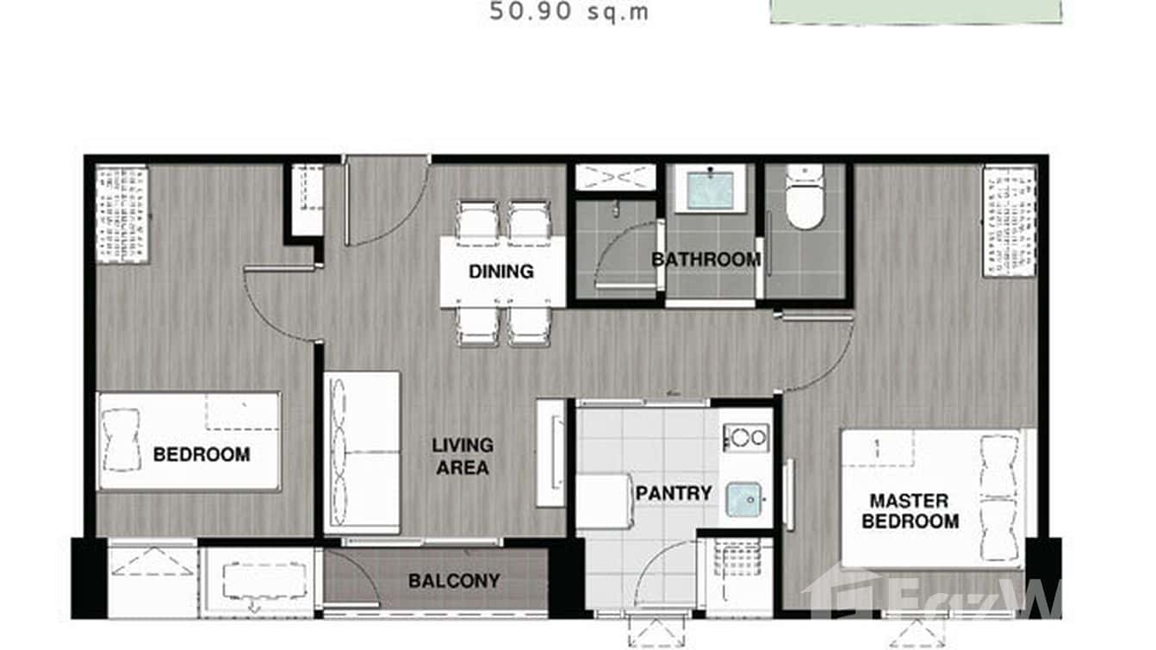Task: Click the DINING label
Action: coord(500,272)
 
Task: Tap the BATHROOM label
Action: coord(705,259)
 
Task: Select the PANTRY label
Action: coord(674,493)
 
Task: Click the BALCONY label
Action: coord(454,580)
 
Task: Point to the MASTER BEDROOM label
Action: coord(913,511)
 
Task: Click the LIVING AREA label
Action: coord(463,457)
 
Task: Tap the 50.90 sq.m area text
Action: coord(569,12)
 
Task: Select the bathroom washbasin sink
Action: coord(710,190)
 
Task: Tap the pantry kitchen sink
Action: coord(745,499)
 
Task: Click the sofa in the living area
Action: coord(362,453)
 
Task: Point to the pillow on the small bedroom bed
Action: coord(121,440)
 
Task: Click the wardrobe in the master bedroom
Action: coord(1009,221)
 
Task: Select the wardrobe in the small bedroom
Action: coord(121,215)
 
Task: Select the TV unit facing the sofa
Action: coord(550,453)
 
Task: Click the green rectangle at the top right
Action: coord(915,10)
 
